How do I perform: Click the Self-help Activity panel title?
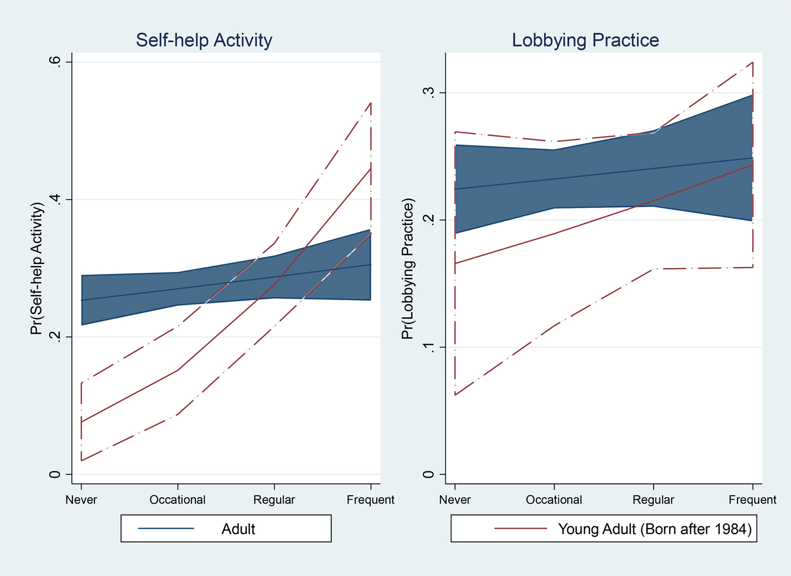204,40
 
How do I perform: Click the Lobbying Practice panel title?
585,40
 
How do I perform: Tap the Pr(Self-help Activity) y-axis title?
37,268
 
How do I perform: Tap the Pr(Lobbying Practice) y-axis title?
408,268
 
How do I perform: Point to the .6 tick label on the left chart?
54,62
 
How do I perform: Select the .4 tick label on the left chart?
54,200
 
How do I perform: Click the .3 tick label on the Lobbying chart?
429,93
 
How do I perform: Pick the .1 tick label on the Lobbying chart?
429,347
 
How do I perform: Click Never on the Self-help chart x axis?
81,500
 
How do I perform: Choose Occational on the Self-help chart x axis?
177,500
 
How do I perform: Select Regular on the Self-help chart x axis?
274,500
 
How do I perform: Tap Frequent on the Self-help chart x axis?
371,500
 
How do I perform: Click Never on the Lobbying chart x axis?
455,500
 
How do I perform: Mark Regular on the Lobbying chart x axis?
653,500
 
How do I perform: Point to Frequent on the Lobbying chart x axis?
753,500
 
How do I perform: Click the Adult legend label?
238,529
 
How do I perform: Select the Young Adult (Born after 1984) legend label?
655,529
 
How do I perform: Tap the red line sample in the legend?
521,529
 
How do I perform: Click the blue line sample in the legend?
166,529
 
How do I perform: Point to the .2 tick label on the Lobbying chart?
429,220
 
